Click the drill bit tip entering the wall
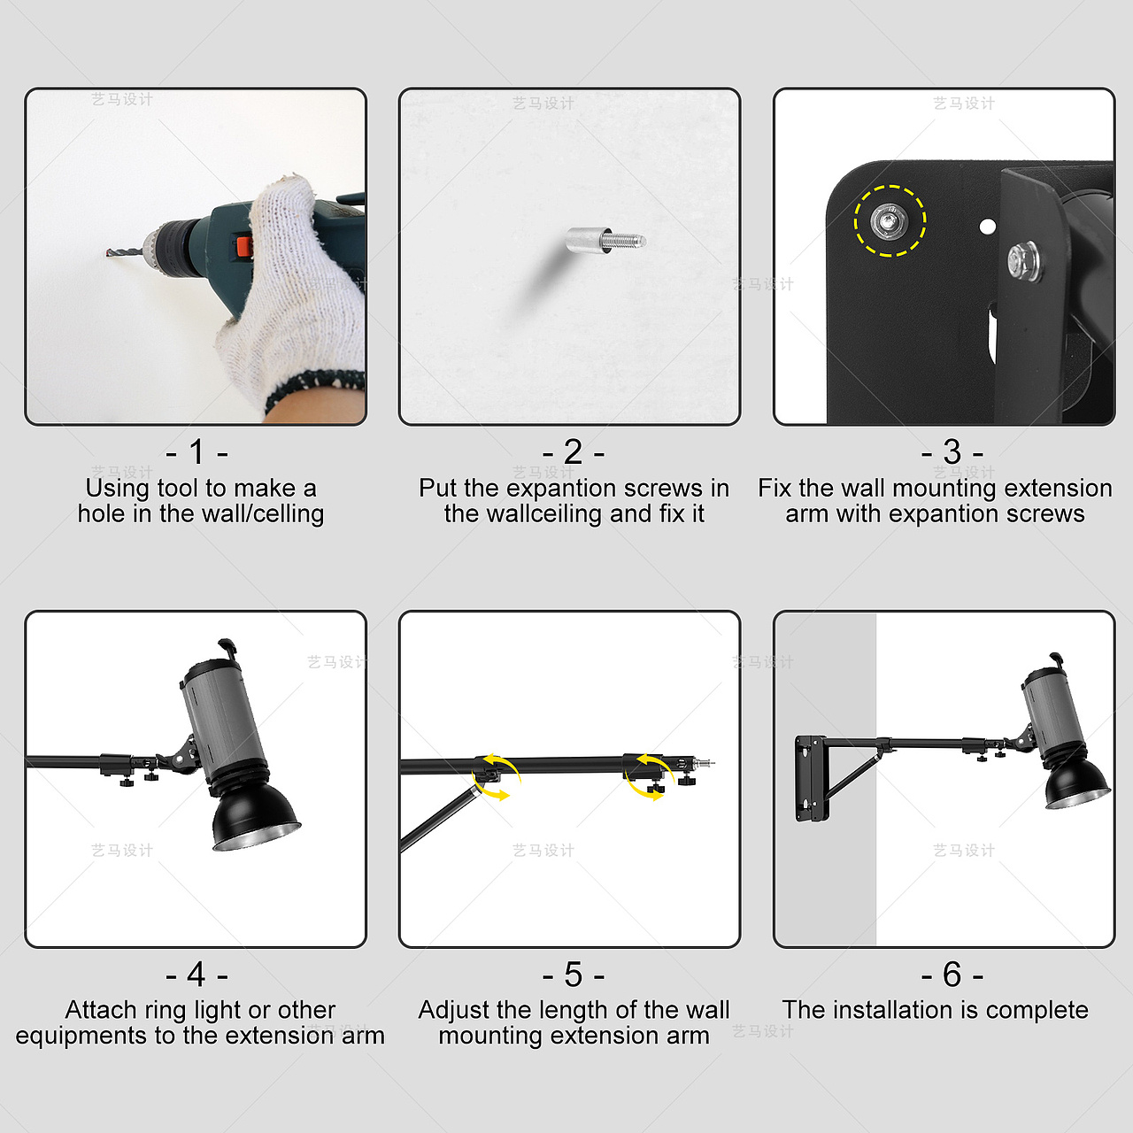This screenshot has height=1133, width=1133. pyautogui.click(x=108, y=253)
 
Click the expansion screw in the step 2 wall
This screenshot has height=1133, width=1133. pyautogui.click(x=605, y=241)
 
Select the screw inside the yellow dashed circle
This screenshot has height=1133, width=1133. pyautogui.click(x=889, y=221)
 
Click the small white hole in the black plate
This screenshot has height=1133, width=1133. pyautogui.click(x=988, y=227)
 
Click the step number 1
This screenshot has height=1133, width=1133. pyautogui.click(x=197, y=451)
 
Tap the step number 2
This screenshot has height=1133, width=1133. pyautogui.click(x=574, y=451)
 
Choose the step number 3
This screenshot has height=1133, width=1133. pyautogui.click(x=952, y=451)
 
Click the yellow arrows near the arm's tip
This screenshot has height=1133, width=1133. pyautogui.click(x=651, y=776)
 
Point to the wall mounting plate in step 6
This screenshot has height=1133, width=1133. pyautogui.click(x=811, y=777)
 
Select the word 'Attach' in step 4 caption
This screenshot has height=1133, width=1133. pyautogui.click(x=101, y=1010)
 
